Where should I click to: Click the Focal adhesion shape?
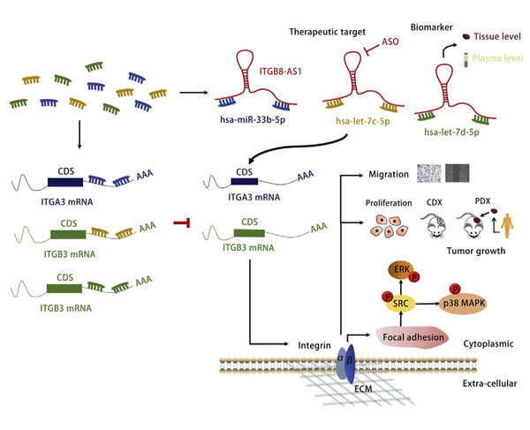pos(413,336)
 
